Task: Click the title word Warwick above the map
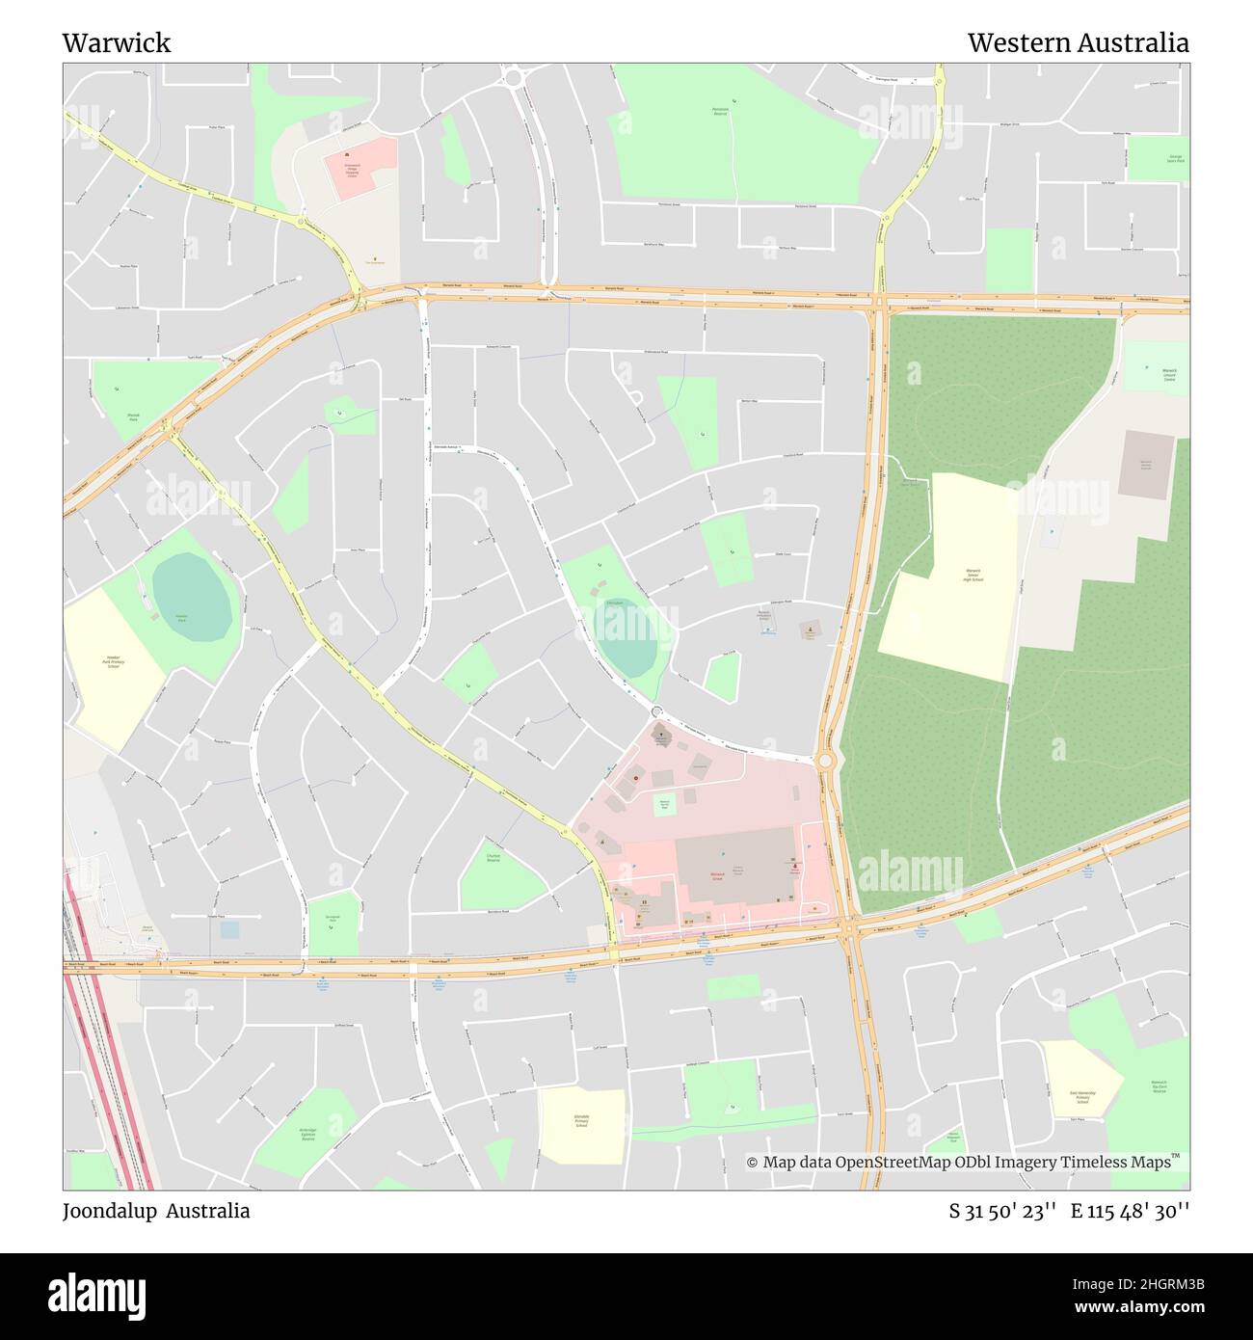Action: pyautogui.click(x=117, y=42)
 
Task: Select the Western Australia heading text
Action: pyautogui.click(x=1078, y=42)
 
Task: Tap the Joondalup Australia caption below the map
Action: pyautogui.click(x=156, y=1211)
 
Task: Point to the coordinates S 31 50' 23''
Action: pyautogui.click(x=1002, y=1211)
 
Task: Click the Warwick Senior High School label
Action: pyautogui.click(x=973, y=576)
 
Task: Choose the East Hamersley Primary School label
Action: pyautogui.click(x=1080, y=1097)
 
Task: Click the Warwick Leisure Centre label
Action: pyautogui.click(x=1169, y=375)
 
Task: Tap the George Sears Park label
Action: pyautogui.click(x=1176, y=158)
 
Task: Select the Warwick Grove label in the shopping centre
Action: pyautogui.click(x=717, y=876)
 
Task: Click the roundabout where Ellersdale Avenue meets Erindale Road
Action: pyautogui.click(x=825, y=762)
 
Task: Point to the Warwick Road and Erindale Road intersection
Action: pyautogui.click(x=880, y=301)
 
